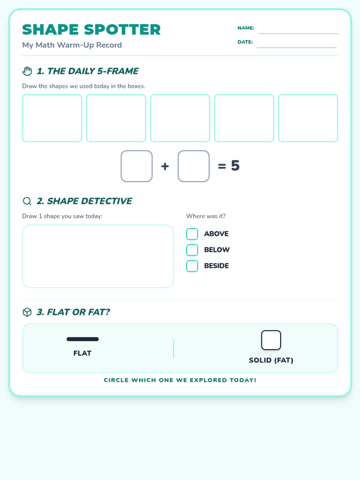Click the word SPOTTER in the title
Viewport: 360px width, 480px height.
122,29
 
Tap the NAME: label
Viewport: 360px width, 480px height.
246,28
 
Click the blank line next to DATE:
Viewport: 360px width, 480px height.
297,47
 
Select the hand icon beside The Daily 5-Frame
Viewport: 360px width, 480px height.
27,71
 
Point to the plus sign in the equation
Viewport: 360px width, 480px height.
165,166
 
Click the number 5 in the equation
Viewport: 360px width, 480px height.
235,165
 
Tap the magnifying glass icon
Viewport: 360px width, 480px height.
27,201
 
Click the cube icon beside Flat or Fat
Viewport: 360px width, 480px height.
27,312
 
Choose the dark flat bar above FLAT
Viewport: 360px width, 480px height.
82,339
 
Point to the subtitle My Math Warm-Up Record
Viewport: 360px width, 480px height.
72,45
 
